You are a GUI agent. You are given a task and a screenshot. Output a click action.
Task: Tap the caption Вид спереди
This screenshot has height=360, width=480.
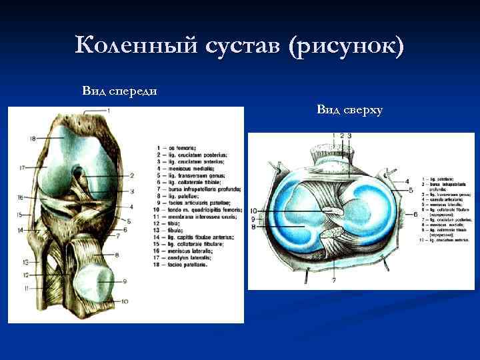click(x=119, y=90)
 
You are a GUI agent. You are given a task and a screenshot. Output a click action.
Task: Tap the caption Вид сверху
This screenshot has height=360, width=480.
click(x=349, y=109)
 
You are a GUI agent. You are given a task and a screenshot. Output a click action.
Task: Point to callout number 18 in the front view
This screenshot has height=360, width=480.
click(x=33, y=138)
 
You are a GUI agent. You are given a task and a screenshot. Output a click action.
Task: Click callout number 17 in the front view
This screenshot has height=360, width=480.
click(x=21, y=167)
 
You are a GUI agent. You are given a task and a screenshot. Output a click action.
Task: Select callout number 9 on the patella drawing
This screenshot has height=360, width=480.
click(x=124, y=281)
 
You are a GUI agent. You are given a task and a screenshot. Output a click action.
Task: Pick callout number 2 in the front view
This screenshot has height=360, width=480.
click(x=132, y=175)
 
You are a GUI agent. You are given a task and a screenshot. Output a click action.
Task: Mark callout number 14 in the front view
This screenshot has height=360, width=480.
click(x=21, y=230)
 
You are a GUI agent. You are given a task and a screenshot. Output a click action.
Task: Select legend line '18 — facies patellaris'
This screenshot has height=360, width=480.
click(x=184, y=265)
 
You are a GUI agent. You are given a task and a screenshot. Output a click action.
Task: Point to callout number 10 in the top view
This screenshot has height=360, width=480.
click(x=253, y=211)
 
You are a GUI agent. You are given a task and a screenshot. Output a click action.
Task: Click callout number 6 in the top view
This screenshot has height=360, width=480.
click(x=415, y=214)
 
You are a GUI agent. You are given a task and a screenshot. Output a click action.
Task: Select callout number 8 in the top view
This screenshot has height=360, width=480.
click(x=253, y=227)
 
